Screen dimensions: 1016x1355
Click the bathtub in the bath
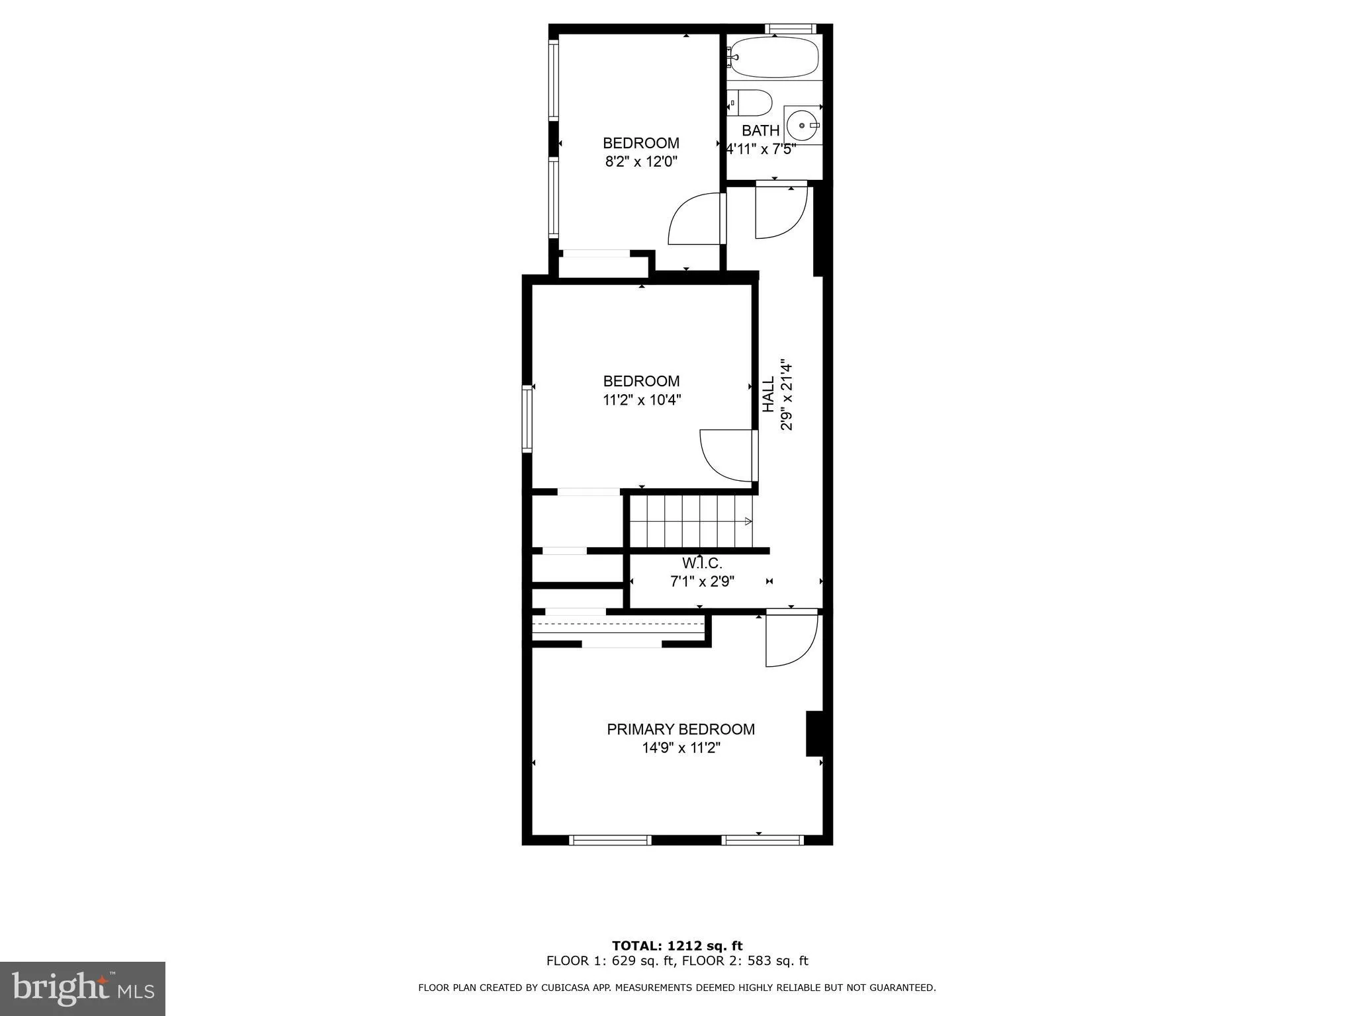pyautogui.click(x=773, y=58)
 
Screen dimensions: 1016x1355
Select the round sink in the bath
pyautogui.click(x=803, y=125)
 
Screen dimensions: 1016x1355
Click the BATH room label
pyautogui.click(x=760, y=131)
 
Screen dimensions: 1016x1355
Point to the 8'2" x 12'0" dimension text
pyautogui.click(x=641, y=162)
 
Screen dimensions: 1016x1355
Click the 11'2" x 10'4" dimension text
pyautogui.click(x=641, y=400)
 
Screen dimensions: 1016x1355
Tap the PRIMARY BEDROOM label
pyautogui.click(x=680, y=730)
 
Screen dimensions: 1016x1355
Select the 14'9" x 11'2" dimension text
pyautogui.click(x=680, y=748)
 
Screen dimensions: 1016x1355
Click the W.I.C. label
pyautogui.click(x=702, y=564)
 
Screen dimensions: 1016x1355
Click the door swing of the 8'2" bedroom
pyautogui.click(x=695, y=220)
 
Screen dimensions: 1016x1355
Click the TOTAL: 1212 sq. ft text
pyautogui.click(x=677, y=946)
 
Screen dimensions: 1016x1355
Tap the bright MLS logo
pyautogui.click(x=82, y=988)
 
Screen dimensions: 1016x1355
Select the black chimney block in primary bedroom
pyautogui.click(x=814, y=733)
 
